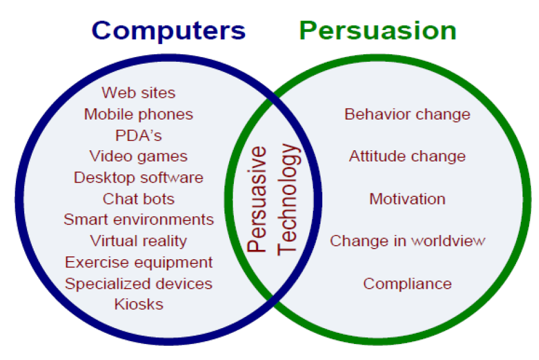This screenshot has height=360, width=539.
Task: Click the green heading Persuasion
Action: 378,31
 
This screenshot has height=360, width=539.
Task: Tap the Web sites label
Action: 138,93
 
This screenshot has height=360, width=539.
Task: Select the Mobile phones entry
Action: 138,114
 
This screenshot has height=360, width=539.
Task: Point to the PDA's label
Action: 138,136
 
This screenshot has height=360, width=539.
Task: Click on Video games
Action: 138,157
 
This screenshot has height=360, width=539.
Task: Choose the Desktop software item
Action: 138,178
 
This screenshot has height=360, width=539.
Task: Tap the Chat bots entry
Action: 138,199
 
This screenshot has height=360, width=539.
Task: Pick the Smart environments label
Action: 138,220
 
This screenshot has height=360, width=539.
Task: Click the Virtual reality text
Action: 138,241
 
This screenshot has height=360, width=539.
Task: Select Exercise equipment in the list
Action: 138,263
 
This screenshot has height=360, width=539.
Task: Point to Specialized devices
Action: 138,284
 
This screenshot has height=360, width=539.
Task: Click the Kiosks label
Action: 138,304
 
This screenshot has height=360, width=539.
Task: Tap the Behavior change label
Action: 408,114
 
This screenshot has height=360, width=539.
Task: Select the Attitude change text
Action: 408,157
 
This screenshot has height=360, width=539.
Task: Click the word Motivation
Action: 408,199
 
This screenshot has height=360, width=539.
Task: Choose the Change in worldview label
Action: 408,241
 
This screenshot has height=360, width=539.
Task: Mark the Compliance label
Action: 408,284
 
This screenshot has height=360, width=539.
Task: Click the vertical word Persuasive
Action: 257,199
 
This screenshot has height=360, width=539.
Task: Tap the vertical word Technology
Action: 288,199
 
